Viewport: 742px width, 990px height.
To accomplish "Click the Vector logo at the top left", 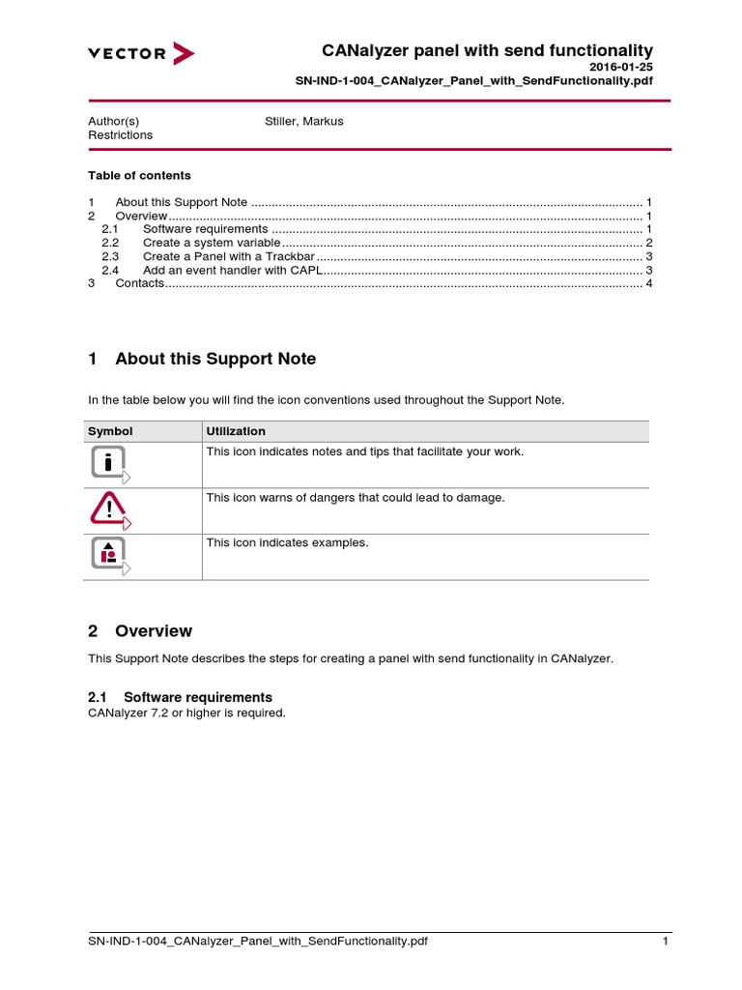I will point(141,53).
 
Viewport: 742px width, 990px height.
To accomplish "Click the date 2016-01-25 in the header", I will point(621,67).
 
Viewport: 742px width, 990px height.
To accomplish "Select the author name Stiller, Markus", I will point(303,121).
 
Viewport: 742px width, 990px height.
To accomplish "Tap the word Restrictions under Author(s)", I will point(120,135).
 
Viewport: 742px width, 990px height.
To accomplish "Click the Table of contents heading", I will point(139,175).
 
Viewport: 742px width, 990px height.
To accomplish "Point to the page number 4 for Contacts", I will point(649,283).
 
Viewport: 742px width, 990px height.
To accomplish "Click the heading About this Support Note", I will point(214,359).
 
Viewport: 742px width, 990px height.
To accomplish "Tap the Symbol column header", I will point(110,431).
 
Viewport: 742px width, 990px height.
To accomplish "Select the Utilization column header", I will point(236,431).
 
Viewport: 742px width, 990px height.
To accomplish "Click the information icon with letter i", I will point(109,463).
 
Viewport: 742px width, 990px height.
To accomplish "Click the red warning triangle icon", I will point(109,509).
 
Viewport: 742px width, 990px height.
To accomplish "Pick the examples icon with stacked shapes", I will point(109,554).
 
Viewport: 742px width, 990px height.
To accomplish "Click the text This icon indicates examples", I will point(287,543).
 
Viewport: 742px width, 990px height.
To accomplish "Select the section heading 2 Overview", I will point(140,631).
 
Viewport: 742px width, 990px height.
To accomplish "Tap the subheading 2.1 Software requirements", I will point(180,697).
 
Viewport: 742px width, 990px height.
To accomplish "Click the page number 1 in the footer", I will point(666,942).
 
